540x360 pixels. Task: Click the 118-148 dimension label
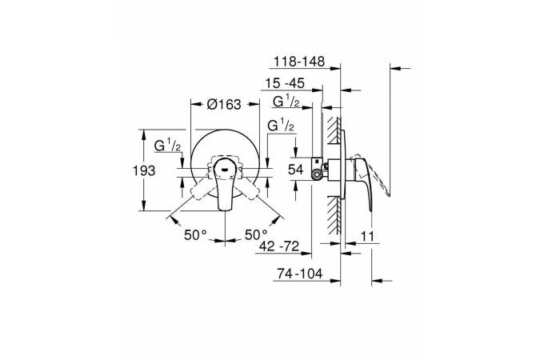[x=299, y=62]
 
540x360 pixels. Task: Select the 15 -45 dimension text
[x=285, y=83]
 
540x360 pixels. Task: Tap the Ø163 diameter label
[x=224, y=104]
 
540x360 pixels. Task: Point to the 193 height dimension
[x=144, y=170]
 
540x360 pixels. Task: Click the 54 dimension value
[x=295, y=170]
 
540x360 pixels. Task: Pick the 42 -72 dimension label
[x=279, y=246]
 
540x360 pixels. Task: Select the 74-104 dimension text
[x=300, y=274]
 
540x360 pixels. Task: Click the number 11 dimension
[x=367, y=237]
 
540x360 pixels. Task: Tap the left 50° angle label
[x=196, y=235]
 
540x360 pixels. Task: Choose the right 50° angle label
[x=256, y=235]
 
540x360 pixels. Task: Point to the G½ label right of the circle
[x=281, y=126]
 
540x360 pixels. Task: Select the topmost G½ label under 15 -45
[x=286, y=102]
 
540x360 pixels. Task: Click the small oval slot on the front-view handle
[x=225, y=169]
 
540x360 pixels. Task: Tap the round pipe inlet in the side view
[x=316, y=175]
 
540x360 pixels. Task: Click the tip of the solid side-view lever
[x=370, y=210]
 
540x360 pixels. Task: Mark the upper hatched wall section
[x=334, y=130]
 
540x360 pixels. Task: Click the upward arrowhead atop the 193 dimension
[x=144, y=133]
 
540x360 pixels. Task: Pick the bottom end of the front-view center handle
[x=225, y=209]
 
